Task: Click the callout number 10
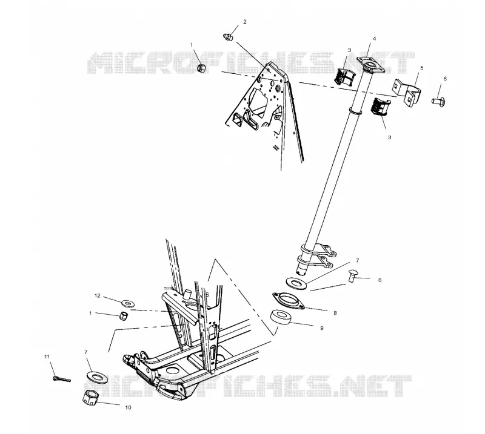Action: point(128,407)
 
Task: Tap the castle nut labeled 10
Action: point(90,396)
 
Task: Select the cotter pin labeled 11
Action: point(62,378)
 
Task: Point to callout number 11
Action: point(47,357)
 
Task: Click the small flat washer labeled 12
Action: point(127,303)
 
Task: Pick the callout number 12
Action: point(98,295)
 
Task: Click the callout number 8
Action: point(335,313)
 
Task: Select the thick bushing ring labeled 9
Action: point(281,317)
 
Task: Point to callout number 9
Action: point(322,328)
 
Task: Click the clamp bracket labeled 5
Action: point(407,91)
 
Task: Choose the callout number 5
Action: point(421,68)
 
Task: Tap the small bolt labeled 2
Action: point(227,37)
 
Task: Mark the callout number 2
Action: point(245,22)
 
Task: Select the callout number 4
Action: point(374,39)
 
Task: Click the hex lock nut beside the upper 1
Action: point(201,68)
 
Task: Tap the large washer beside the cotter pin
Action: point(97,376)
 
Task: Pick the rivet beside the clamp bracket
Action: point(438,100)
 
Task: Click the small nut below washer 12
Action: point(124,316)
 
